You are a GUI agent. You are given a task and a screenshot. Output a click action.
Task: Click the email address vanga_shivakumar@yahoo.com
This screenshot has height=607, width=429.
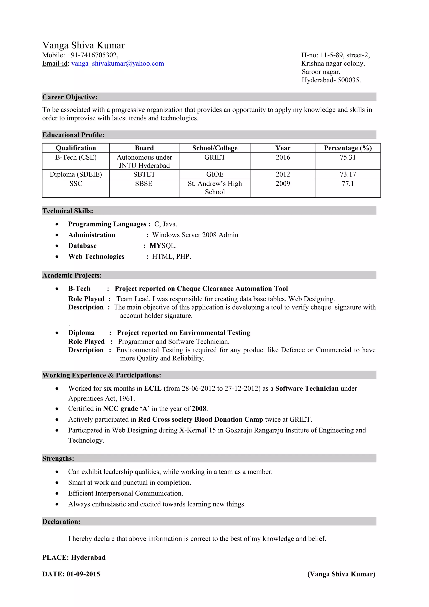pyautogui.click(x=118, y=63)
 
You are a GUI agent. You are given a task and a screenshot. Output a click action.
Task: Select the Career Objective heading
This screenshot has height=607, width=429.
pyautogui.click(x=70, y=97)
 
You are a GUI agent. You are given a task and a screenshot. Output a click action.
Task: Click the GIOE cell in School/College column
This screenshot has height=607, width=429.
pyautogui.click(x=215, y=174)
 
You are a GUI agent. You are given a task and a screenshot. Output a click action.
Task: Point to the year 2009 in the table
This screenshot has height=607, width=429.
pyautogui.click(x=283, y=183)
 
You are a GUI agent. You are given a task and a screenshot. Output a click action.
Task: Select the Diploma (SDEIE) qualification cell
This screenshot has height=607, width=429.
pyautogui.click(x=76, y=174)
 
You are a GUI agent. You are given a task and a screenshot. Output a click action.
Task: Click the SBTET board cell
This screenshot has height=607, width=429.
pyautogui.click(x=144, y=174)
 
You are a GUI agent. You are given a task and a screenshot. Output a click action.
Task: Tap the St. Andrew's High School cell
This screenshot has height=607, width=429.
pyautogui.click(x=215, y=187)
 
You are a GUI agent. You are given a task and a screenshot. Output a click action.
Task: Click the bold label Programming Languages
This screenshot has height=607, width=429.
pyautogui.click(x=107, y=224)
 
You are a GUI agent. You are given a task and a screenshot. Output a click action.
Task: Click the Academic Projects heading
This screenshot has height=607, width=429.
pyautogui.click(x=72, y=275)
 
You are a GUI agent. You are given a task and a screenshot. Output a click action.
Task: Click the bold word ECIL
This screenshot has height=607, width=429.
pyautogui.click(x=152, y=388)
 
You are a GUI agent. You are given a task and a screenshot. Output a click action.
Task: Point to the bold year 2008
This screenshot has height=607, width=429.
pyautogui.click(x=199, y=408)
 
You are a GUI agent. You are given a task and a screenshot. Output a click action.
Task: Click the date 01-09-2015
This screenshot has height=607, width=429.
pyautogui.click(x=83, y=574)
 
